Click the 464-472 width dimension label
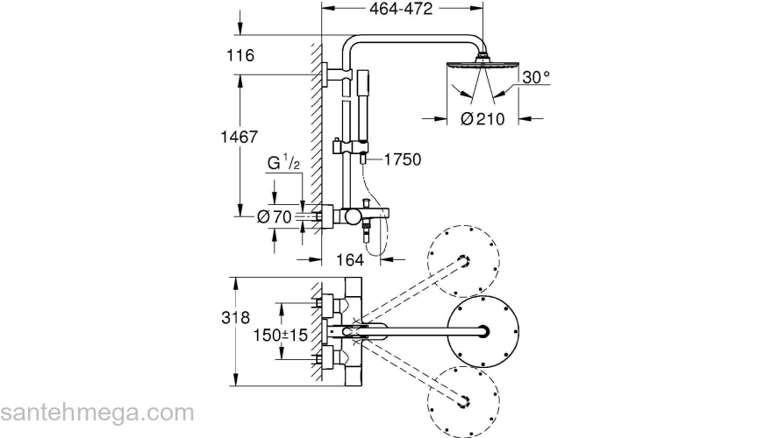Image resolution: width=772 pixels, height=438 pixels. tap(404, 8)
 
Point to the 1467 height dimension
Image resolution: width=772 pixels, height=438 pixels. tap(239, 137)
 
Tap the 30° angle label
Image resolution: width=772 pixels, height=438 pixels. tap(535, 78)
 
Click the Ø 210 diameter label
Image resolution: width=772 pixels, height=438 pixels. tap(482, 118)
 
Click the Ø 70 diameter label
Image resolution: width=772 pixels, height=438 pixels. tap(274, 216)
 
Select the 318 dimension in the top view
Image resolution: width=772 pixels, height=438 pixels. tap(238, 317)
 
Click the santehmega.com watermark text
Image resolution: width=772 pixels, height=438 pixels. tap(96, 412)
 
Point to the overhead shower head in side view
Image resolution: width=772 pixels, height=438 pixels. tap(480, 65)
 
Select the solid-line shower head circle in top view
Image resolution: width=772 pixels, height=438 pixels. tap(482, 331)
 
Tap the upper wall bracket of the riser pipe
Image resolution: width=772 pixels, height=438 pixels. tap(330, 76)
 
